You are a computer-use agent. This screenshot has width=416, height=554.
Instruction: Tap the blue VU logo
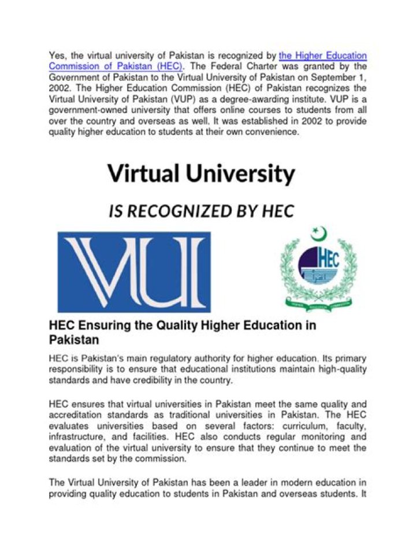(134, 272)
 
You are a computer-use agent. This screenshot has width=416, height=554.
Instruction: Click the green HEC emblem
(318, 269)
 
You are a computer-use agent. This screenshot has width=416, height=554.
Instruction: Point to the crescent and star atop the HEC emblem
(318, 234)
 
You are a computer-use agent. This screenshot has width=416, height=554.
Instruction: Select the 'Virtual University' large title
(201, 173)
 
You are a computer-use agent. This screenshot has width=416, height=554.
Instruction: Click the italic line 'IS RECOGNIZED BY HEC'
(201, 211)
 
